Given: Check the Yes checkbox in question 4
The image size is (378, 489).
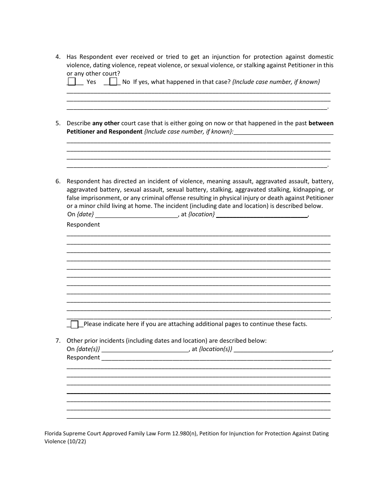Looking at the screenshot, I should [72, 81].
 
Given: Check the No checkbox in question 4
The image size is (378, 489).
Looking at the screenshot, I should [113, 81].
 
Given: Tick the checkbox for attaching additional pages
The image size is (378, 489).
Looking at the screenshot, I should [74, 324].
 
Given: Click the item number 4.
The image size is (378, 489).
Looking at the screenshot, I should [58, 57].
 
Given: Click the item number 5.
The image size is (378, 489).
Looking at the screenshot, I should [58, 123].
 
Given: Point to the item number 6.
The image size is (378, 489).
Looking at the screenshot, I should [58, 181].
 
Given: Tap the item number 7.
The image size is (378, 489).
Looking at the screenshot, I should [58, 341].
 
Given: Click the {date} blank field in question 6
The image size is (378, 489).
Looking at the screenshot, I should [137, 215].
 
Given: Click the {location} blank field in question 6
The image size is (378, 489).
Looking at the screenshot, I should [262, 215].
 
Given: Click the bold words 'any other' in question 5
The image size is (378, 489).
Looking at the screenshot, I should [106, 123].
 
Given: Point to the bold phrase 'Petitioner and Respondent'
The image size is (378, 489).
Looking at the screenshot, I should [104, 132].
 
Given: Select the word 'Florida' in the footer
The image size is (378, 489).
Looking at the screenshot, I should [53, 434].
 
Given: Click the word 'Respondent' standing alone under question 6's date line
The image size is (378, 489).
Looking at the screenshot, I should [83, 225].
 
